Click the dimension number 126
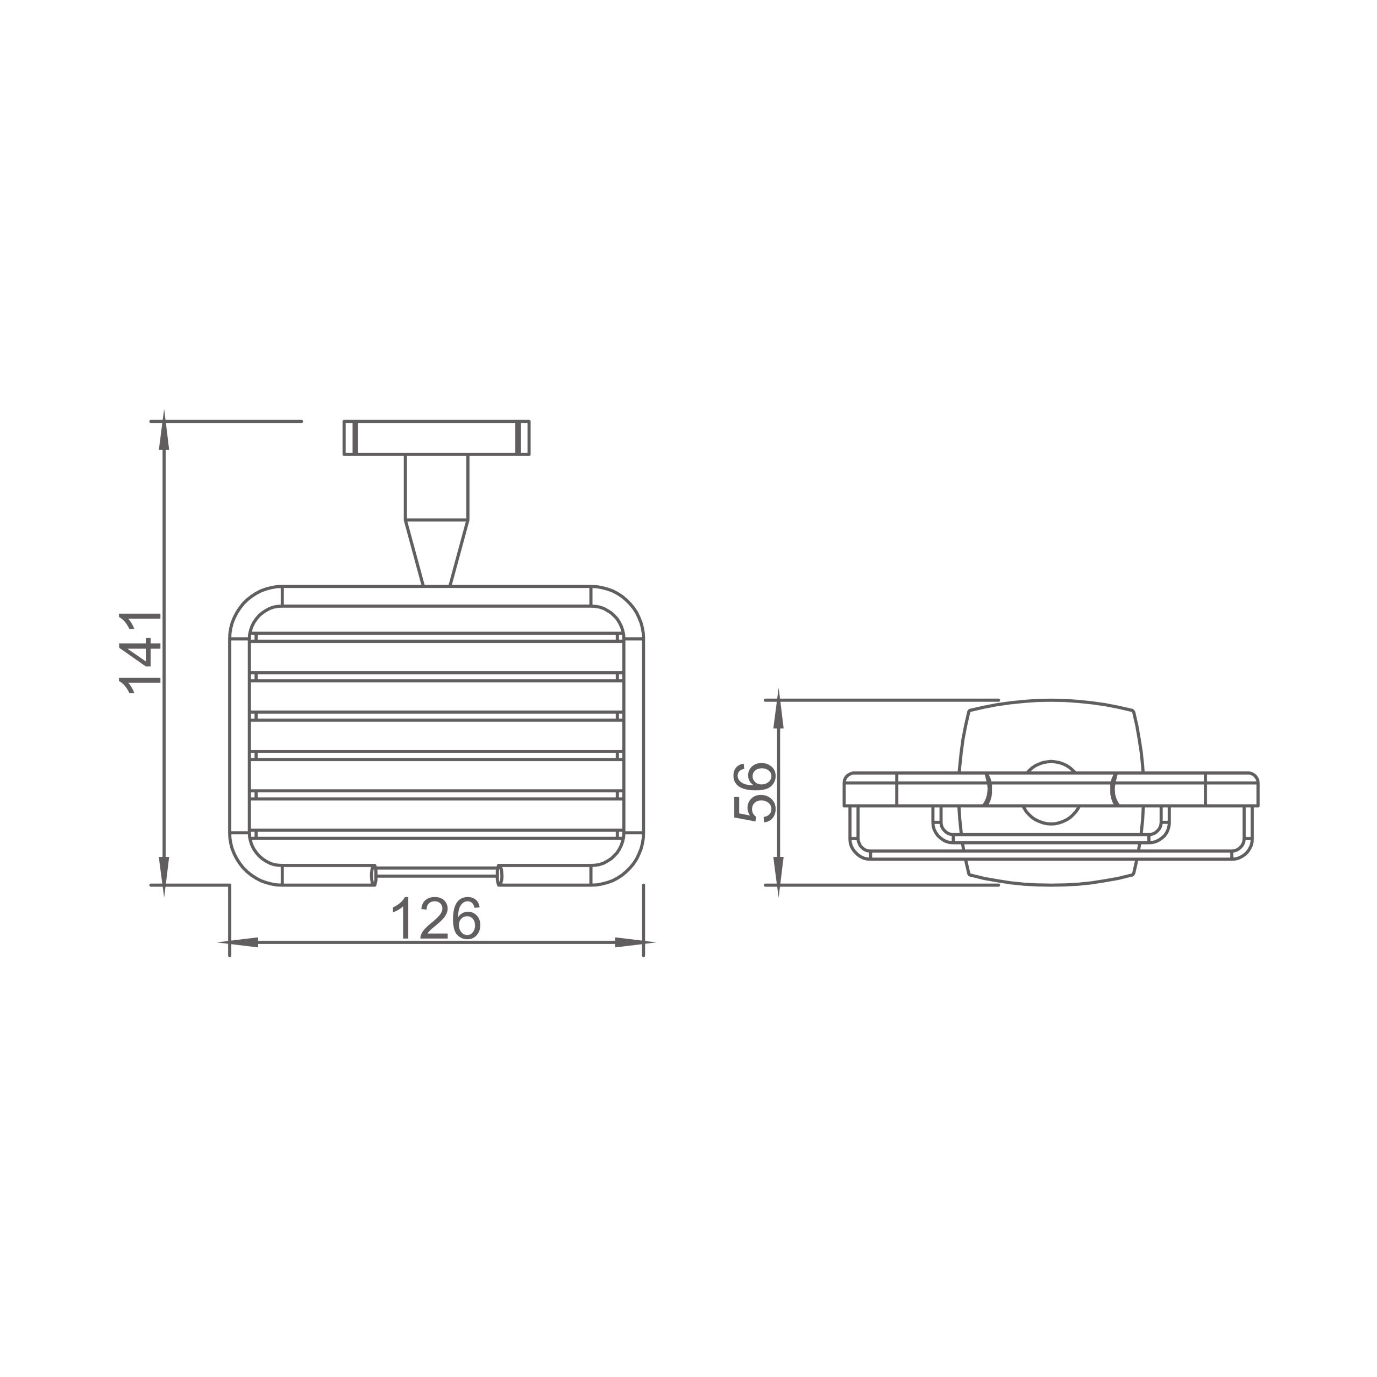click(436, 919)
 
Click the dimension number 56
click(754, 792)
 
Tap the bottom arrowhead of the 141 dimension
click(164, 876)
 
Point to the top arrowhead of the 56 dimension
click(778, 708)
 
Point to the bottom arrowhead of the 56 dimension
click(778, 876)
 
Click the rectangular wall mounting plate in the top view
click(436, 438)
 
